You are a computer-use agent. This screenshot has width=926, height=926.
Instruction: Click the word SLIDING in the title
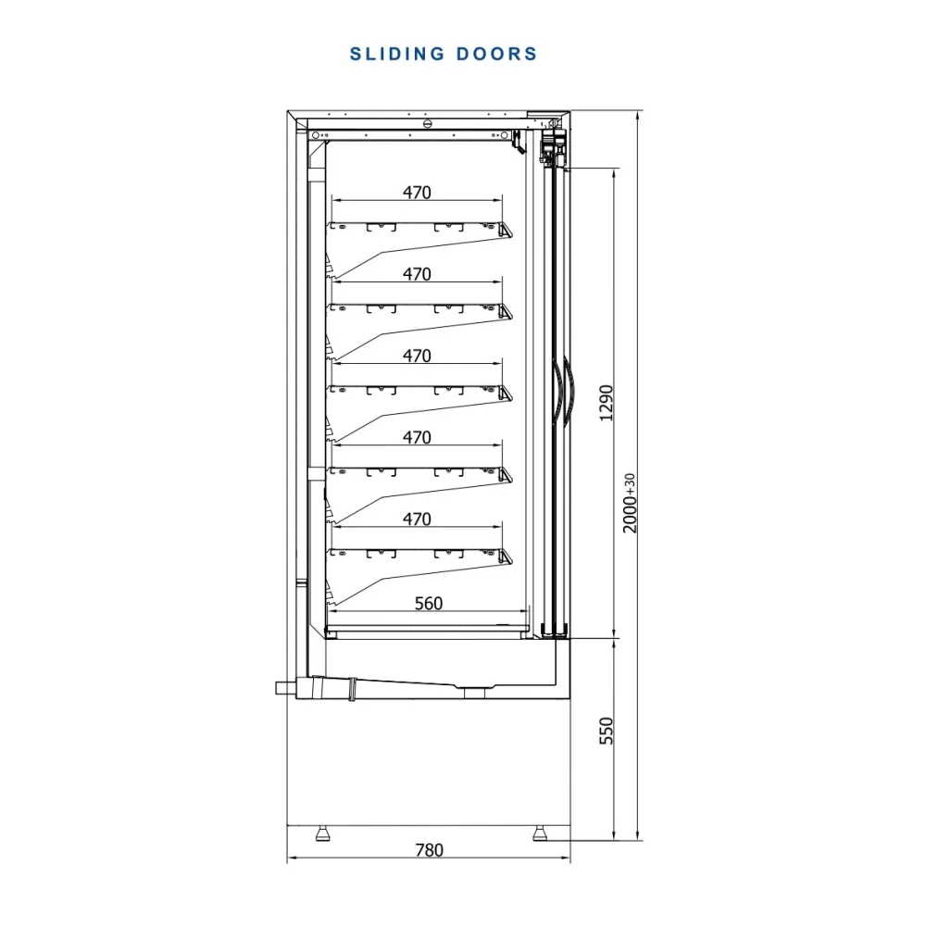coord(397,54)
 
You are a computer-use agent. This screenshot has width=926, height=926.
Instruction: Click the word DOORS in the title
coord(496,54)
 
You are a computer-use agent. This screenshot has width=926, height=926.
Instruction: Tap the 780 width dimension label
coord(429,850)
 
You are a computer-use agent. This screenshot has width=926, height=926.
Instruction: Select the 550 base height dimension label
coord(607,731)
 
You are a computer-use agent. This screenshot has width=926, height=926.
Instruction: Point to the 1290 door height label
coord(607,404)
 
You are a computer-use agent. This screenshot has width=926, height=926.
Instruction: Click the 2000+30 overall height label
coord(630,503)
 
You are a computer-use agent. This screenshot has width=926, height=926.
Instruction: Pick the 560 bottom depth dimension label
coord(429,603)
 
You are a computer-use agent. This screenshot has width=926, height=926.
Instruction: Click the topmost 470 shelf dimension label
coord(417,193)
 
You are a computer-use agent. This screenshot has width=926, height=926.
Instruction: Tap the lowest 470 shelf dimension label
coord(417,519)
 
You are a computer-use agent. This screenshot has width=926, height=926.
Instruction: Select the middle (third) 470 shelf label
coord(417,356)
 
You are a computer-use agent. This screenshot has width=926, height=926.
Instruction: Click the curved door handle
coord(561,391)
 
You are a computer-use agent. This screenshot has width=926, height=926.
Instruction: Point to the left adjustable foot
coord(322,832)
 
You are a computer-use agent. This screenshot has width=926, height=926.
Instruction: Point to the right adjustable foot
coord(540,832)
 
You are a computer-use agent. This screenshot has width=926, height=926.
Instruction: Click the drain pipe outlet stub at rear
coord(285,688)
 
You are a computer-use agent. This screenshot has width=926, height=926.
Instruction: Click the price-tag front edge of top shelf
coord(507,230)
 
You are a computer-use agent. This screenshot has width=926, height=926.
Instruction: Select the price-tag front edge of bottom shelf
coord(507,557)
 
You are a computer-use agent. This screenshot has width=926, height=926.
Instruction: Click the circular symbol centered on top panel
coord(428,123)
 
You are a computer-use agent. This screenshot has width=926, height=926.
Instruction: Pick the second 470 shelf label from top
coord(417,274)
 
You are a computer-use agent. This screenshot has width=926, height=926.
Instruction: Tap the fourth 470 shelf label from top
coord(417,438)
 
